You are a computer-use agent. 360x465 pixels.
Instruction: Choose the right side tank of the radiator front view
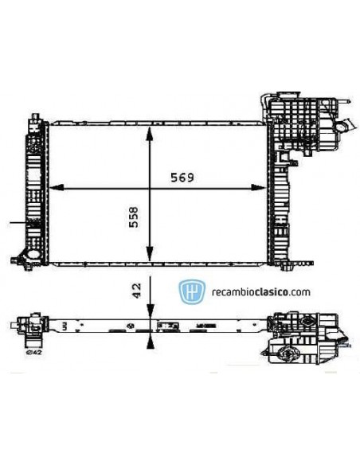(x=280, y=191)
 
